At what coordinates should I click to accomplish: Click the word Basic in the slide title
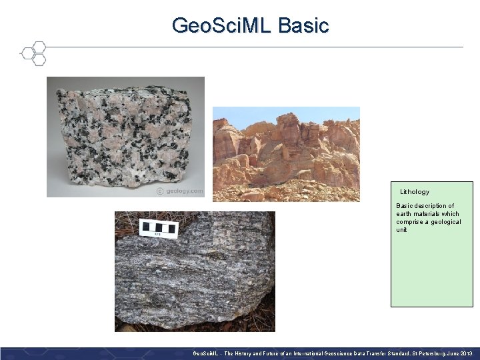tap(303, 25)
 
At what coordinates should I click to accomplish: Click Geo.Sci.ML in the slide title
tap(221, 25)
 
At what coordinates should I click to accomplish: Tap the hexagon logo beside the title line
tap(33, 53)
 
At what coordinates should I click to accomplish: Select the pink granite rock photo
tap(125, 137)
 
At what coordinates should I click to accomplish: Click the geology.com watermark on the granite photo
tap(179, 191)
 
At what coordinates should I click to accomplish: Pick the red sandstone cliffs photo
tap(286, 160)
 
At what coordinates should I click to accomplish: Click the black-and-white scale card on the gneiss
tap(159, 228)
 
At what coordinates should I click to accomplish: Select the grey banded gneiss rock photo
tap(195, 280)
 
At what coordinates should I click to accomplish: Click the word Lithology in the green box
tap(415, 192)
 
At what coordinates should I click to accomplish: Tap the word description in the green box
tap(436, 206)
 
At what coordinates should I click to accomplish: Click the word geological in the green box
tap(445, 222)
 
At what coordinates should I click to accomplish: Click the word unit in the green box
tap(401, 230)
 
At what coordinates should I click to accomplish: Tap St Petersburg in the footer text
tap(427, 353)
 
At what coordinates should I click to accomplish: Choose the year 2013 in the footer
tap(466, 353)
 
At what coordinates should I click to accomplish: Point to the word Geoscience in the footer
tap(327, 353)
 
